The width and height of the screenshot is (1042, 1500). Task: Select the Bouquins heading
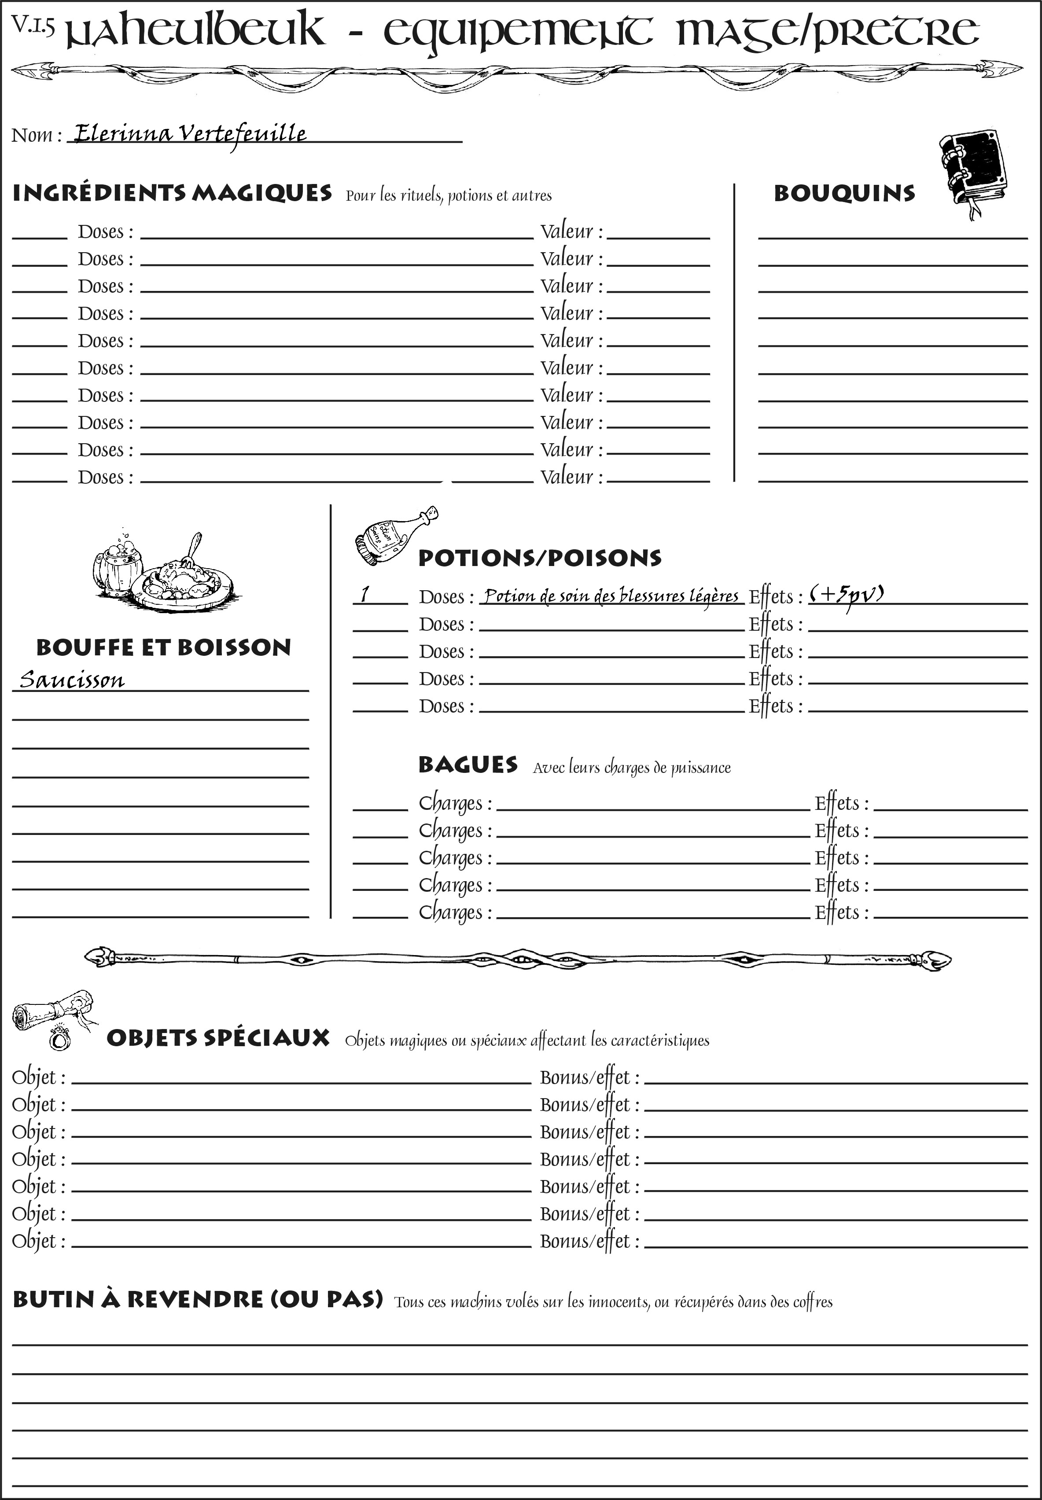click(x=844, y=193)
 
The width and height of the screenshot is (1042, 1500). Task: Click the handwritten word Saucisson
click(x=72, y=680)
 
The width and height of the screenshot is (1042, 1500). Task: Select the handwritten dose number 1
click(x=365, y=594)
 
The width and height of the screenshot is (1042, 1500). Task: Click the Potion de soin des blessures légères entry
click(x=611, y=596)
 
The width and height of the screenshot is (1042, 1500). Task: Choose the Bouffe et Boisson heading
click(x=163, y=647)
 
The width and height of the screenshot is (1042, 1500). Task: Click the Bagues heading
click(x=468, y=765)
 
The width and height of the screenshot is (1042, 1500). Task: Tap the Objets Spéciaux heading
click(x=217, y=1038)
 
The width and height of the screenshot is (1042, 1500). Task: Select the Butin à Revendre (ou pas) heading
click(x=197, y=1299)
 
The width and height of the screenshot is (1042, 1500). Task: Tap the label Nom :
click(x=37, y=135)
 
